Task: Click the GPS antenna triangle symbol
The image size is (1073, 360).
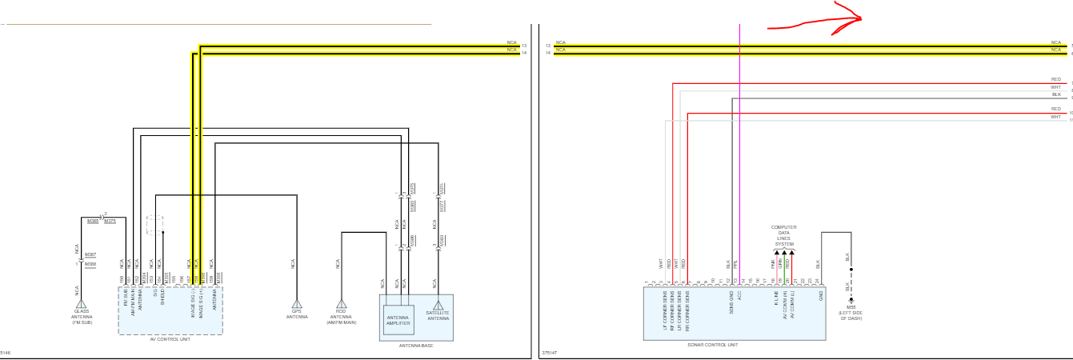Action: point(297,304)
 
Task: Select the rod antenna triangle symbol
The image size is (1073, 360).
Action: point(342,304)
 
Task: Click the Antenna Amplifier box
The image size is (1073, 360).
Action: point(398,319)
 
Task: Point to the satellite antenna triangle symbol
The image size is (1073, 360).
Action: point(438,305)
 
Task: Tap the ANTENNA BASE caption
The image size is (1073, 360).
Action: point(415,346)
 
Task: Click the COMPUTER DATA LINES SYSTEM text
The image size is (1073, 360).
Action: point(783,235)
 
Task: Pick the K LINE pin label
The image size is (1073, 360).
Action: point(775,296)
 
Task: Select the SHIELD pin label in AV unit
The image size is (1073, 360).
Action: point(162,296)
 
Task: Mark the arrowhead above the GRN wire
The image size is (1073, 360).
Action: point(782,252)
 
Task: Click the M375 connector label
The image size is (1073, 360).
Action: point(110,222)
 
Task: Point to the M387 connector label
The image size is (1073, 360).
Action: point(90,254)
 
